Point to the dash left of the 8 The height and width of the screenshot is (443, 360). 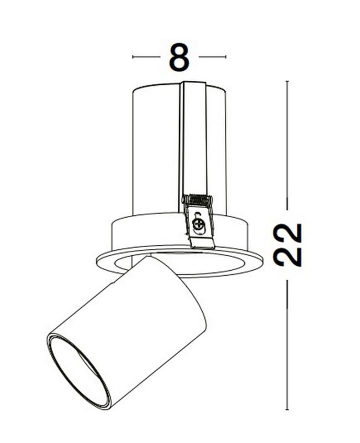(x=145, y=56)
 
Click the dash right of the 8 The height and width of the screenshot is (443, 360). (x=213, y=56)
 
